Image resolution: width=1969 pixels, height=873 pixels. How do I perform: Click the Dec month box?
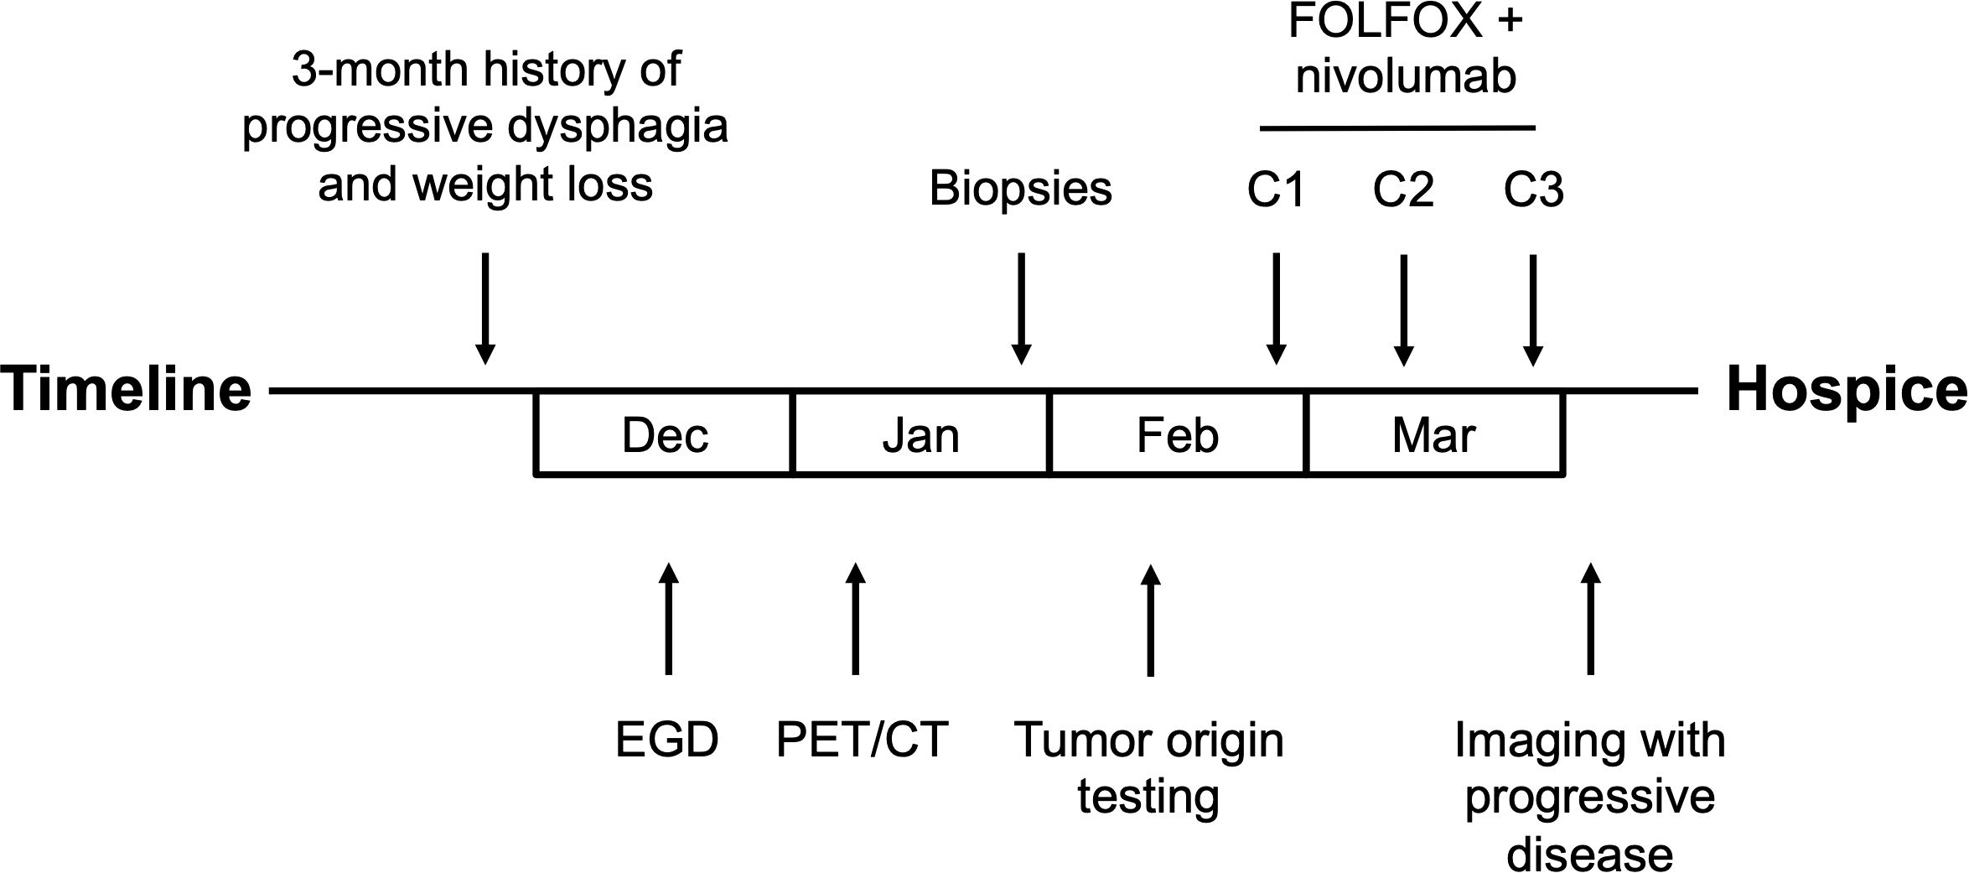(664, 433)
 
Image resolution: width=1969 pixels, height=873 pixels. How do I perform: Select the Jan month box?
(920, 433)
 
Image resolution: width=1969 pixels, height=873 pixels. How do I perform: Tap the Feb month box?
(1178, 433)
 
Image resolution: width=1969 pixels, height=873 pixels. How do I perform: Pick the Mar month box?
(1435, 433)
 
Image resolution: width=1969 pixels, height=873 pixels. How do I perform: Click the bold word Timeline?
(127, 390)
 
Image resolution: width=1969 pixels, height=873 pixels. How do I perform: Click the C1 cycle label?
(1276, 190)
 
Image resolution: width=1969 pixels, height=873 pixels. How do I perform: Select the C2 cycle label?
(1403, 190)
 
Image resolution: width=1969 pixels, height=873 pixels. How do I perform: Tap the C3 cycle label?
(1533, 190)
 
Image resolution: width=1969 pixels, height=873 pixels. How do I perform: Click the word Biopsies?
(1020, 190)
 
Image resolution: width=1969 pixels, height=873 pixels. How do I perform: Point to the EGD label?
(667, 740)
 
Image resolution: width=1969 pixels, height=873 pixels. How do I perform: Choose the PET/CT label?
(862, 740)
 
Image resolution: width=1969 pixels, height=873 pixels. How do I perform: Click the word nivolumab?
(1406, 76)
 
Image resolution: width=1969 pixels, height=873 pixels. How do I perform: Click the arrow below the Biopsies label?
(1020, 309)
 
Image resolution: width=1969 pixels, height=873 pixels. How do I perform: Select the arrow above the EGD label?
(668, 619)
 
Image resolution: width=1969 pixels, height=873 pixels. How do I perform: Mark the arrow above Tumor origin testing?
(1151, 620)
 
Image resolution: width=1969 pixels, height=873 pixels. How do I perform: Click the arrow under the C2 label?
(1404, 309)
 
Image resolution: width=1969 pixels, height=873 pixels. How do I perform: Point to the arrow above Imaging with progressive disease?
(1590, 619)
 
